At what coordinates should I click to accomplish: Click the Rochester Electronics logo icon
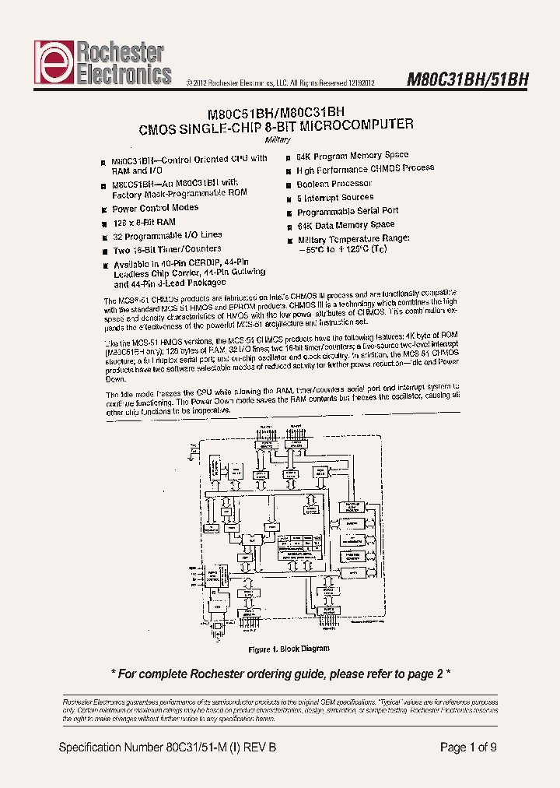tap(51, 63)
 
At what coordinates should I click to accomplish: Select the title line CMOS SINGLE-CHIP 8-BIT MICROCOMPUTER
tap(276, 125)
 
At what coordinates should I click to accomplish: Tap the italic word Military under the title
tap(277, 140)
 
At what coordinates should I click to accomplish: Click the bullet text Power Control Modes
tap(155, 209)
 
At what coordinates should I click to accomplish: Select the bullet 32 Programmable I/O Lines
tap(167, 235)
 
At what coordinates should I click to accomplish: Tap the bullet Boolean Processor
tap(334, 185)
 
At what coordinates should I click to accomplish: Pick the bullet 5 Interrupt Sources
tap(335, 198)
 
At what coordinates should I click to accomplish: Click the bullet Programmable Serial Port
tap(348, 211)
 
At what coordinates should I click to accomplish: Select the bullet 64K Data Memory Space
tap(345, 225)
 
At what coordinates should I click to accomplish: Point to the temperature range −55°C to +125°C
tap(342, 249)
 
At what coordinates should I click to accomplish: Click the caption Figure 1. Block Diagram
tap(288, 649)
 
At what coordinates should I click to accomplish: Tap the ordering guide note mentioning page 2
tap(280, 674)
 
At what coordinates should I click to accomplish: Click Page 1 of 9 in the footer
tap(468, 748)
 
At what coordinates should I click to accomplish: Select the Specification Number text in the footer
tap(167, 748)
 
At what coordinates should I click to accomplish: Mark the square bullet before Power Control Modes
tap(103, 209)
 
